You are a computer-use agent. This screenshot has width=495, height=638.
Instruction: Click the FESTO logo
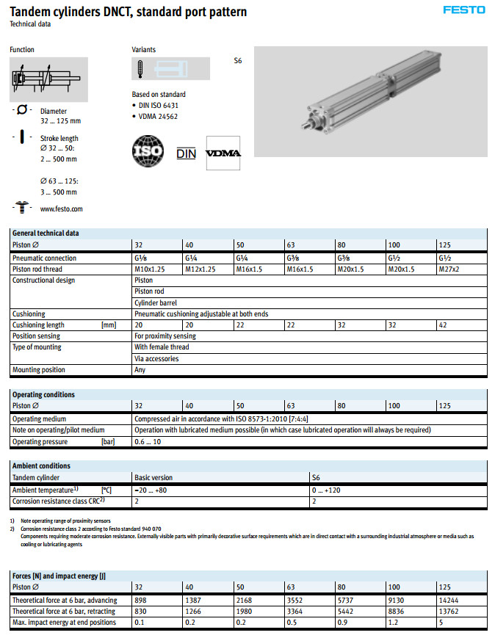point(464,10)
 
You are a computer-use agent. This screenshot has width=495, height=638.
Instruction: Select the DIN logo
point(187,153)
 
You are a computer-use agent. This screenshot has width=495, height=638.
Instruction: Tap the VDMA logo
point(223,153)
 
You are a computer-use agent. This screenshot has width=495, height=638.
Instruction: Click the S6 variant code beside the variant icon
point(237,61)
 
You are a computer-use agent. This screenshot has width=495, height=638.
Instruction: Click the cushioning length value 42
point(442,325)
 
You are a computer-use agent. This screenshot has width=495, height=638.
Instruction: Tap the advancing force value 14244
point(447,600)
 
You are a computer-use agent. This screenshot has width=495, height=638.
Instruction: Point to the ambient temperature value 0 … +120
point(327,489)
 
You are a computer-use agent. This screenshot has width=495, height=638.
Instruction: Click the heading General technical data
point(46,233)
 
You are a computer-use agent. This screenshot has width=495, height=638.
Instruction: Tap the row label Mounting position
point(38,370)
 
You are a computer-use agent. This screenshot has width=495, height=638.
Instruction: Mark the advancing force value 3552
point(295,600)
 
